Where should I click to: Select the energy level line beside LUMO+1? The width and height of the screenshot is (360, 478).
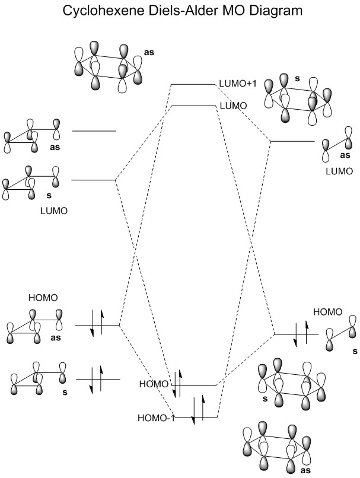click(193, 84)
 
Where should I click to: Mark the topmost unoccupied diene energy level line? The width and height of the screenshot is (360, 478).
click(94, 130)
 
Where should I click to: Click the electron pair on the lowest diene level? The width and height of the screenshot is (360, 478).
click(97, 379)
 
